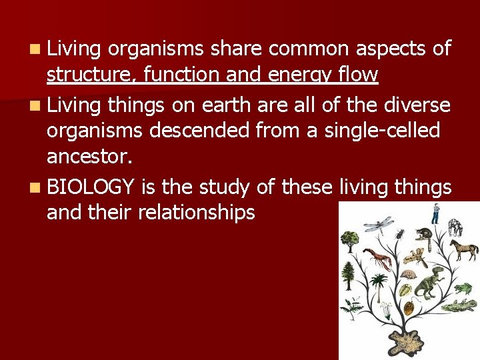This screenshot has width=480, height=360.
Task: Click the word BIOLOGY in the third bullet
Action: pyautogui.click(x=92, y=188)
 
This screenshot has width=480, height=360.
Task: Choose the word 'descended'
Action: pyautogui.click(x=211, y=130)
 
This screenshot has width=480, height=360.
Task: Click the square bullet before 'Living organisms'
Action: pyautogui.click(x=35, y=49)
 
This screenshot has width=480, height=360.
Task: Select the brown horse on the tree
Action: pyautogui.click(x=463, y=250)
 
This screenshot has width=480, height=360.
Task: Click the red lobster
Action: pyautogui.click(x=377, y=258)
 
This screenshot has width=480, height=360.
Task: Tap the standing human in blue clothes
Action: pyautogui.click(x=435, y=214)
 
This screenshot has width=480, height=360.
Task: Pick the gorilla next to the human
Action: pyautogui.click(x=456, y=226)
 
